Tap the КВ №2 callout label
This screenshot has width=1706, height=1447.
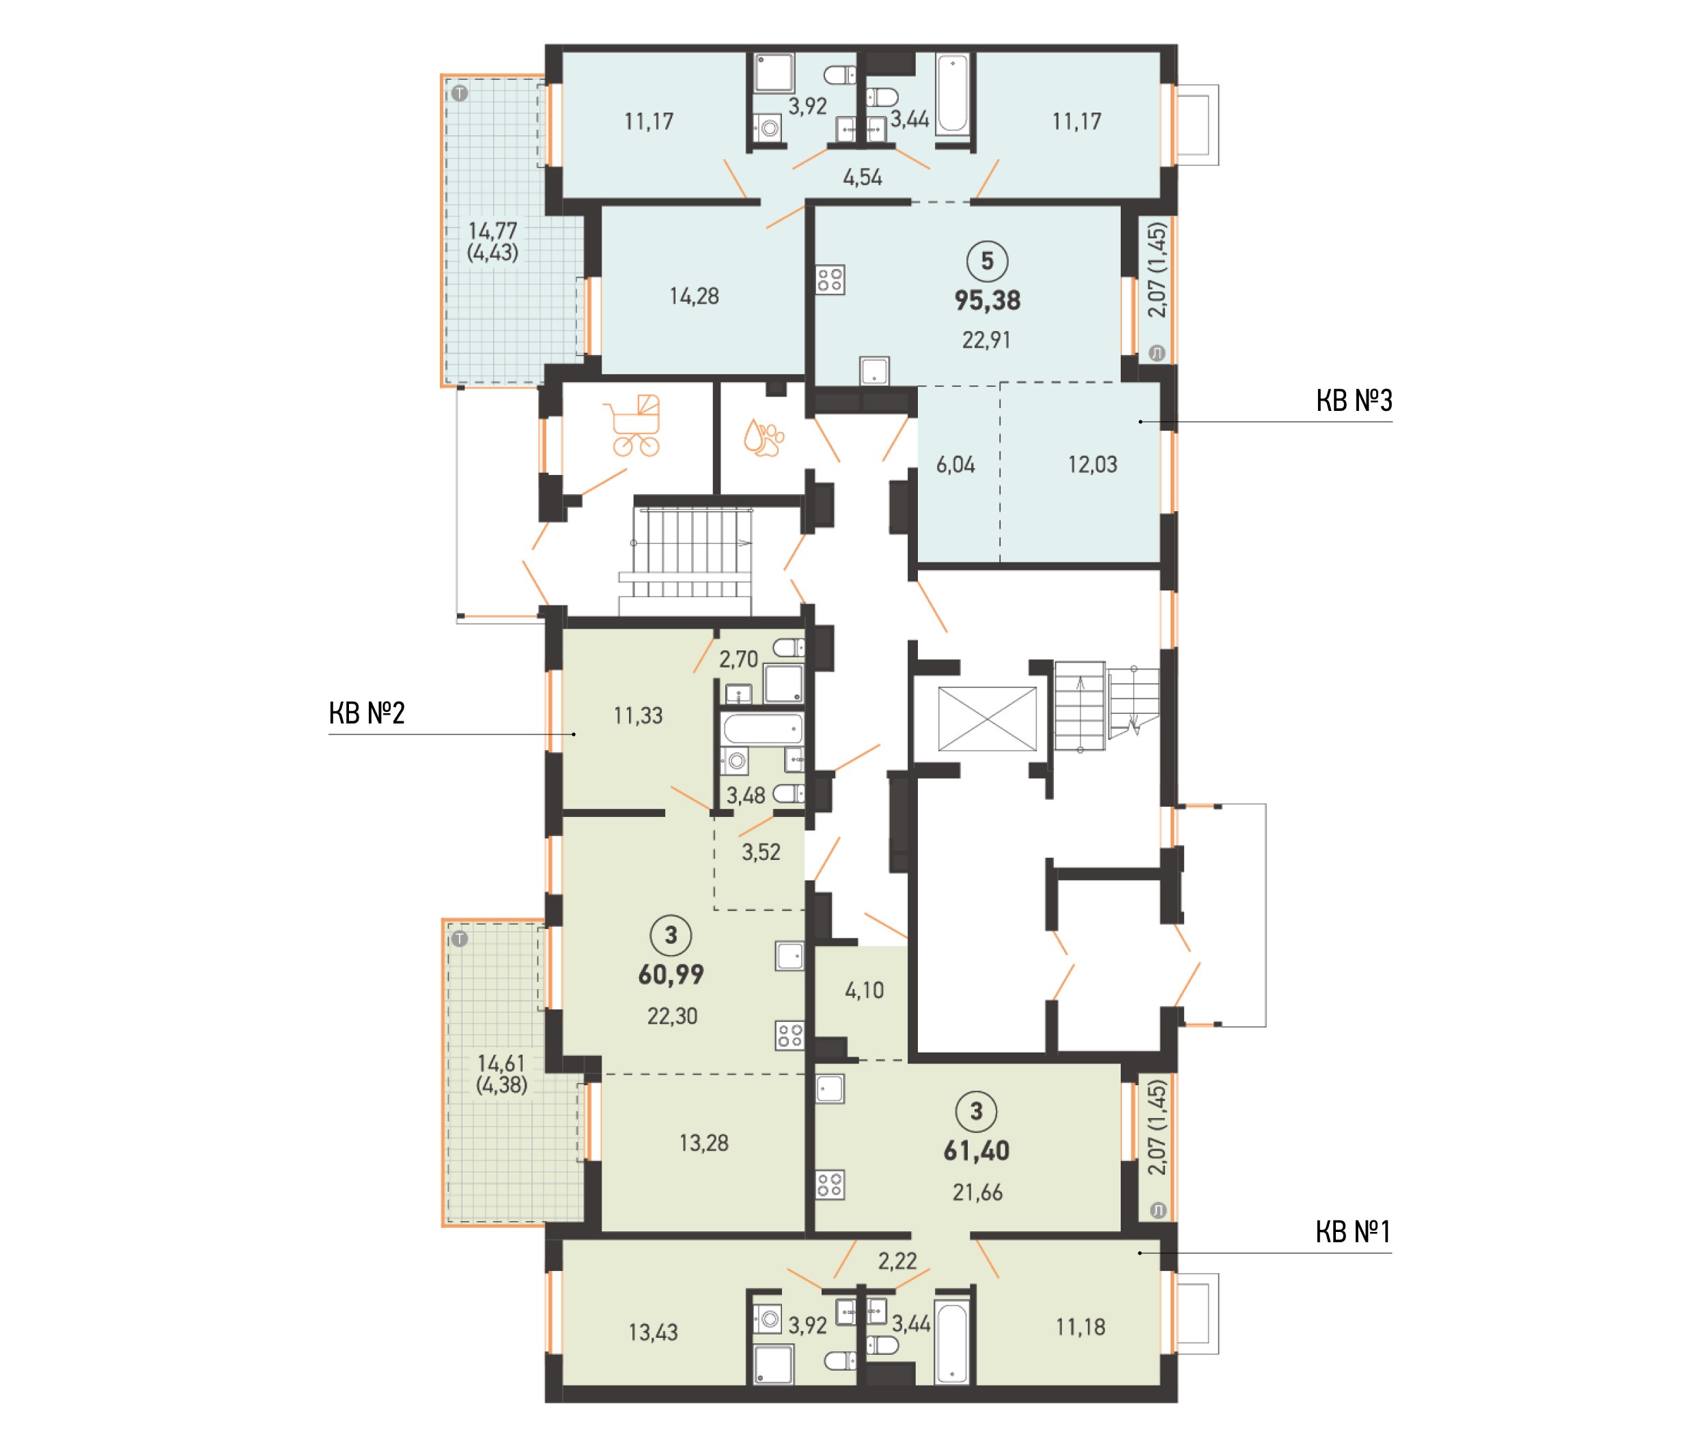(367, 713)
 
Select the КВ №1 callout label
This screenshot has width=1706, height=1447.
(1352, 1231)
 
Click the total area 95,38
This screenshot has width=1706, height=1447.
(987, 300)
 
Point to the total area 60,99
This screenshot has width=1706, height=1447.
(671, 975)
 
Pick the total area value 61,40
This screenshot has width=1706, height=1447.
(977, 1151)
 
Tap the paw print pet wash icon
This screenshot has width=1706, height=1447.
(763, 438)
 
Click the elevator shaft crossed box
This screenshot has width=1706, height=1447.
(987, 719)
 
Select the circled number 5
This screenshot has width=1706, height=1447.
(987, 261)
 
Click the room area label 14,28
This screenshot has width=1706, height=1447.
(695, 296)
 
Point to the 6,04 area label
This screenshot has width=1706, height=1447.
(955, 465)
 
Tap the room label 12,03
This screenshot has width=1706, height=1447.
(1092, 465)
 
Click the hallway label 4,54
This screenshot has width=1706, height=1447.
(863, 177)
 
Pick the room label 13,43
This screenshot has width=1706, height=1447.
(653, 1332)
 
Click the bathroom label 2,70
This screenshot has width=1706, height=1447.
(738, 659)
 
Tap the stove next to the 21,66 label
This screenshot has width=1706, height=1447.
(830, 1184)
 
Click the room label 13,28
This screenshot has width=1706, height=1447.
(703, 1143)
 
